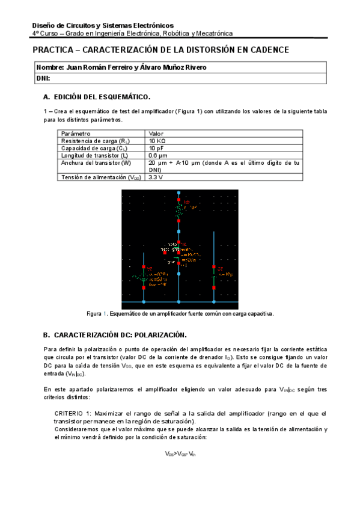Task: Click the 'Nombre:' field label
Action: pos(50,67)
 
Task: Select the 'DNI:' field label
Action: pos(43,78)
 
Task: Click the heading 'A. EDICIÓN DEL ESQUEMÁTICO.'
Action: pos(97,97)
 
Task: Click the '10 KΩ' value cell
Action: pos(159,141)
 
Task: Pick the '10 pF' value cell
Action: pos(157,148)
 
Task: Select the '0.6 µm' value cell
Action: pos(158,155)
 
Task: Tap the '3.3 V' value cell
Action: pos(156,177)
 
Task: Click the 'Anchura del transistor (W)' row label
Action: pos(96,162)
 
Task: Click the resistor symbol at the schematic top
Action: pos(178,211)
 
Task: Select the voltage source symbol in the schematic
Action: pos(144,278)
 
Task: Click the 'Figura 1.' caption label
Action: pos(97,314)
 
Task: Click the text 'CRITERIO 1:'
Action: pos(73,414)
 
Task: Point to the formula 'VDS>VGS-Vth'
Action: pos(180,454)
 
